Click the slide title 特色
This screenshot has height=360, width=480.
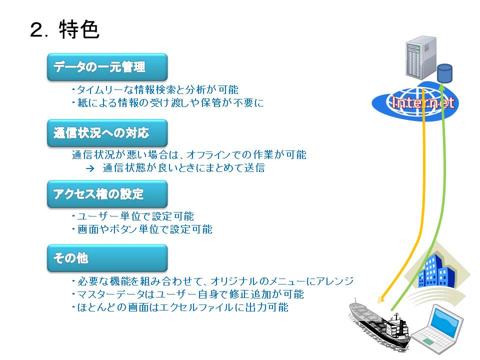[79, 29]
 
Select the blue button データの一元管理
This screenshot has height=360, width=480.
[107, 67]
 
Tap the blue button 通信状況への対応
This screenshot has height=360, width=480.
[107, 133]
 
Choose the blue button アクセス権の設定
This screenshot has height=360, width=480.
[107, 194]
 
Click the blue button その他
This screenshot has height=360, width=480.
[107, 258]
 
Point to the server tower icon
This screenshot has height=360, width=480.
[420, 57]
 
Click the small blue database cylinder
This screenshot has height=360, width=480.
[445, 73]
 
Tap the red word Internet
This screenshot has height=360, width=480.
[423, 102]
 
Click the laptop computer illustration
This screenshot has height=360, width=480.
[438, 329]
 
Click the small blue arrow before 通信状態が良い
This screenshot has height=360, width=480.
[90, 168]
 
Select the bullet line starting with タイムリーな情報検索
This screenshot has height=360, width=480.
[155, 89]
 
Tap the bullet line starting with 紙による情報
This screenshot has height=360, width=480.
[168, 102]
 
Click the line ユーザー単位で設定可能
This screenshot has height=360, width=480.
[133, 216]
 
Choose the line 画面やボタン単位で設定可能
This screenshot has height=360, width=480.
[142, 229]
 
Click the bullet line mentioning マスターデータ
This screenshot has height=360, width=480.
[187, 294]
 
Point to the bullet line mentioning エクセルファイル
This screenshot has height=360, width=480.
[180, 307]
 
